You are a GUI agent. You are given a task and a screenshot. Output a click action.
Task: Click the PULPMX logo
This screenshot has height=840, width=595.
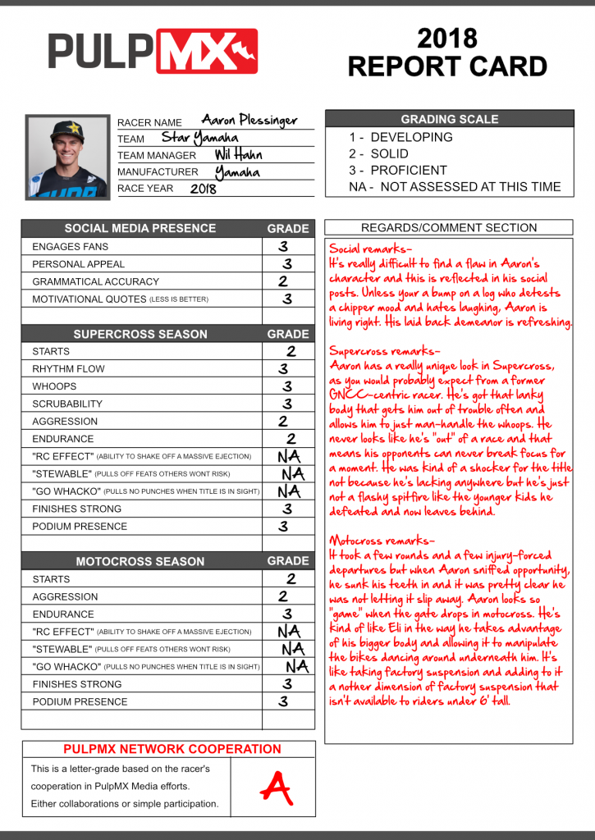(153, 51)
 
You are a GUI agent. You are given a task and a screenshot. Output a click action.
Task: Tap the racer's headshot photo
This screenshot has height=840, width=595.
(66, 156)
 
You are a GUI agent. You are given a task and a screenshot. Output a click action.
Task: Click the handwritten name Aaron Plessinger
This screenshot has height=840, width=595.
(249, 121)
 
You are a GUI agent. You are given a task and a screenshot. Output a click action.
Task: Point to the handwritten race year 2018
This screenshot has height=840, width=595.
(204, 188)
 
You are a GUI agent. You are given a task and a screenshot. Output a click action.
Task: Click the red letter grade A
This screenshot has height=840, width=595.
(276, 787)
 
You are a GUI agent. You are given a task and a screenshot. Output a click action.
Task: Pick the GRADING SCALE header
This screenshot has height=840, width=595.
(449, 119)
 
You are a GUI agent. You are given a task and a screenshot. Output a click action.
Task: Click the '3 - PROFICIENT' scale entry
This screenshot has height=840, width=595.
(398, 171)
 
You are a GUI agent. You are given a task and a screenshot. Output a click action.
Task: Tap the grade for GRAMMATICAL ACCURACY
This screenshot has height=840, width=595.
(283, 281)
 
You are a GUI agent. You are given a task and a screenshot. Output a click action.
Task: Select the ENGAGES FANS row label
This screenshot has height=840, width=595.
(70, 246)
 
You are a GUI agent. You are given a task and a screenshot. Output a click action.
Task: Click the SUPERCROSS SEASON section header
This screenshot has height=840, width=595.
(140, 334)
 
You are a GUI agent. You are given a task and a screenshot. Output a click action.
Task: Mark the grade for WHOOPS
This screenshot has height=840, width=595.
(287, 386)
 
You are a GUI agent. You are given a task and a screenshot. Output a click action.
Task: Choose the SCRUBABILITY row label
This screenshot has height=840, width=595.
(67, 404)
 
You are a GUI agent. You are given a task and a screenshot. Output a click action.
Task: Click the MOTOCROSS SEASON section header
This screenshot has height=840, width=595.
(140, 561)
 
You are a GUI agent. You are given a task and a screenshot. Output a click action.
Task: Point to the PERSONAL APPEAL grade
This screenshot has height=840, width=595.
(287, 264)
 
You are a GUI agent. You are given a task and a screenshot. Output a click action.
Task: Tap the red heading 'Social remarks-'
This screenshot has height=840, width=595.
(371, 248)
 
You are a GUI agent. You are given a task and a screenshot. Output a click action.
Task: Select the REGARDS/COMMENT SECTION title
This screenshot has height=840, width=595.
(449, 228)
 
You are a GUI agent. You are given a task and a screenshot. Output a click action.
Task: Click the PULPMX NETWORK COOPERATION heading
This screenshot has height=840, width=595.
(172, 749)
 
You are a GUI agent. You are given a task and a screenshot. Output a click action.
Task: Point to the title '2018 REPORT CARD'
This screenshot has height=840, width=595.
(447, 52)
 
